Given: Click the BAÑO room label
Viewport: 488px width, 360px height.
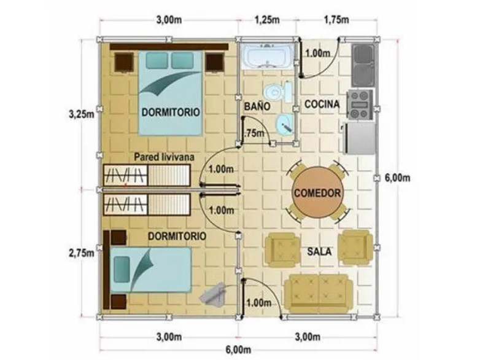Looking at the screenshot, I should coord(257,106).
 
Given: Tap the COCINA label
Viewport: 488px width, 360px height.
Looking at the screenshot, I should coord(322,104).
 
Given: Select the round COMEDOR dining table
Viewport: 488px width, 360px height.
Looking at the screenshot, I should coord(317,192).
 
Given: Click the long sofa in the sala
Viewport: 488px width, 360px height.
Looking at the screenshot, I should coord(319,291).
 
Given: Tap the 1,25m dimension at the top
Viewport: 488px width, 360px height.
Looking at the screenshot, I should coord(267,20).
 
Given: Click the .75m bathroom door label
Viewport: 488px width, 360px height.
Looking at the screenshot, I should coord(255,133).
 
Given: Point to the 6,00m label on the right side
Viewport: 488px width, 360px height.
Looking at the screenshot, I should coord(397,178).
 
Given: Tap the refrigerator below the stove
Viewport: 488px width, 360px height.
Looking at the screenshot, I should coord(360,138).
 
